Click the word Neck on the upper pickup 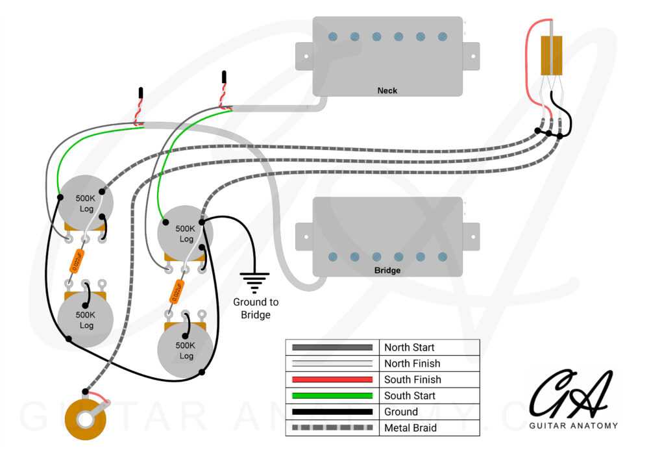(x=387, y=90)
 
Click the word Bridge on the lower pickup (x=387, y=270)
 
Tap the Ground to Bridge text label (x=255, y=308)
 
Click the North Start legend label (x=409, y=348)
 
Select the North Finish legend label (x=411, y=364)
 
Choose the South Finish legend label (x=412, y=380)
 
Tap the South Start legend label (x=410, y=396)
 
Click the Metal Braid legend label (x=410, y=428)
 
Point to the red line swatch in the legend (x=332, y=380)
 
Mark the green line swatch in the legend (x=332, y=396)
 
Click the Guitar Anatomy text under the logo (x=573, y=426)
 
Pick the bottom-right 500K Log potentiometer (x=186, y=351)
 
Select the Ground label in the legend (x=401, y=412)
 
